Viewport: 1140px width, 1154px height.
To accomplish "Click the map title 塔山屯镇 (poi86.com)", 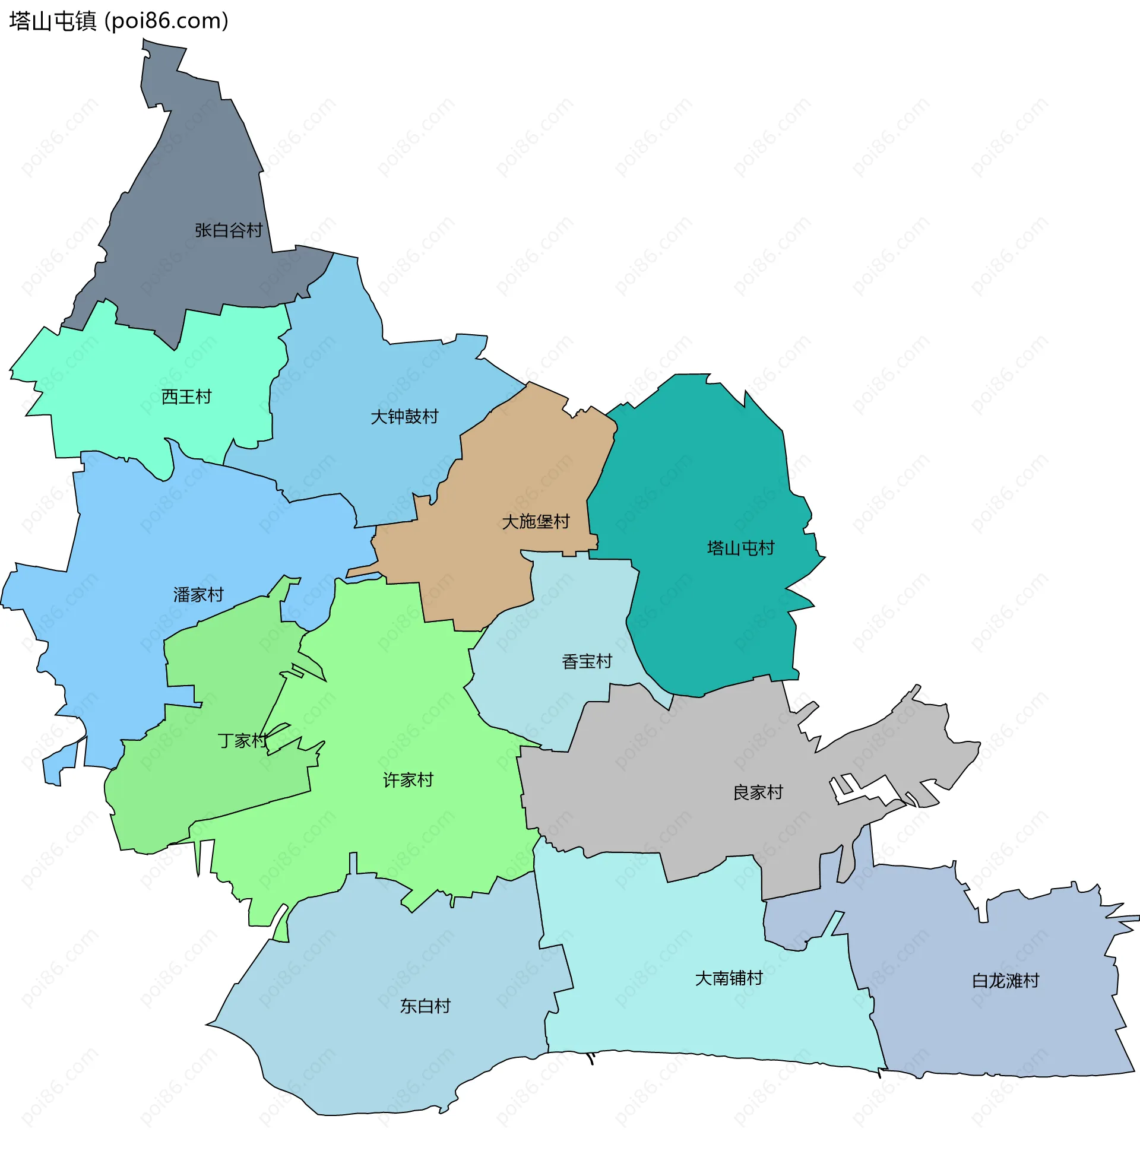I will click(x=119, y=21).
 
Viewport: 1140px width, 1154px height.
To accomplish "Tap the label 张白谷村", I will click(x=228, y=230).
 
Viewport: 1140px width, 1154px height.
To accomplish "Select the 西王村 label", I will click(x=186, y=397).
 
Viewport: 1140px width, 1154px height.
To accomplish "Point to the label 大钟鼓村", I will click(x=404, y=416).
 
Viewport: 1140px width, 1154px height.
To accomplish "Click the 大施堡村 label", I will click(x=536, y=521).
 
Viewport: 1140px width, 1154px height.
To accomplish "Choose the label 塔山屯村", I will click(x=740, y=548).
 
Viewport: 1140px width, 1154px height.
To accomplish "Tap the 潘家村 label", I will click(x=198, y=595).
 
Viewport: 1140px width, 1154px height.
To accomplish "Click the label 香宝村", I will click(x=587, y=661).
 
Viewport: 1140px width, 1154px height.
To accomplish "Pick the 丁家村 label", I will click(x=242, y=741).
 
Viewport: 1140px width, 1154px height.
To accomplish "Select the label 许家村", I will click(x=408, y=780).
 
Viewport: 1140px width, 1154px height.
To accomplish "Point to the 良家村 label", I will click(x=758, y=792).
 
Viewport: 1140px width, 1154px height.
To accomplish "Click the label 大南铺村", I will click(x=729, y=978).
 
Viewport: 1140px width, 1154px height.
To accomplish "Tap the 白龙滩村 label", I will click(x=1006, y=981).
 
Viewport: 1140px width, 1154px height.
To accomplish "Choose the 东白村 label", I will click(x=425, y=1006).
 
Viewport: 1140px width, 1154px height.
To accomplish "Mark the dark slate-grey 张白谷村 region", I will click(x=197, y=167).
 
